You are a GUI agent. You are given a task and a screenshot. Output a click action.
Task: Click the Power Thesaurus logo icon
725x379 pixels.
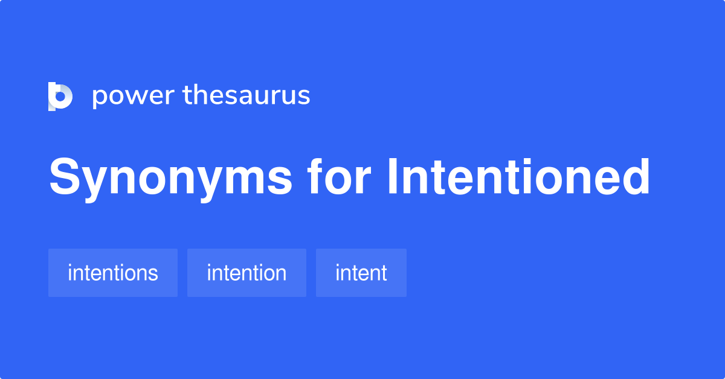pos(60,96)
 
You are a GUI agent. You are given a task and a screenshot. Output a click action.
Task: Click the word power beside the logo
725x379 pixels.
pos(133,97)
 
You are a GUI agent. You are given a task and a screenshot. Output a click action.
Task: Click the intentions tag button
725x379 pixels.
pos(113,273)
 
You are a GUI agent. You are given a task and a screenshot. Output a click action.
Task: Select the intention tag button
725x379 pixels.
pos(246,273)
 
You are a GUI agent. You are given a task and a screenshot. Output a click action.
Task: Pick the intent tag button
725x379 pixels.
pos(361,273)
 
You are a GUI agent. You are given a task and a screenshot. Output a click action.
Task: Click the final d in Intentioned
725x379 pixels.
pos(636,177)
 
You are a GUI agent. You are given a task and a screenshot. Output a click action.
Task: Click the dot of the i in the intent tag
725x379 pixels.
pos(338,264)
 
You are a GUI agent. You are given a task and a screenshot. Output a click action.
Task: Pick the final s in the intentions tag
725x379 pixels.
pos(153,275)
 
